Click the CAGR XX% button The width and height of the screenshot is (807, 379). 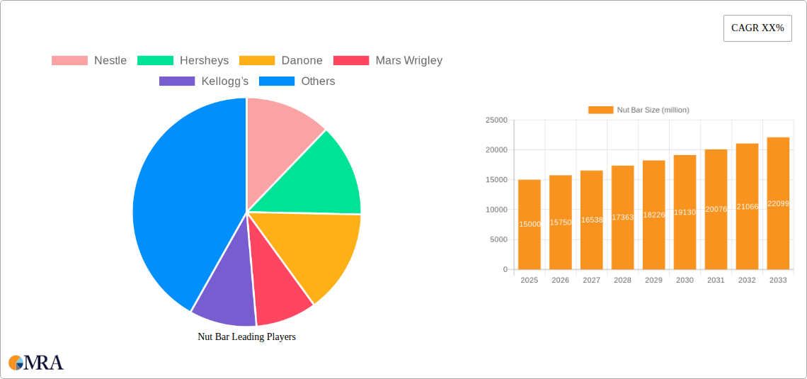tap(757, 28)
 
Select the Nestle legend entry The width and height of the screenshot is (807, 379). tap(89, 60)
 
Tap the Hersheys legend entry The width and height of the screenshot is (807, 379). tap(183, 60)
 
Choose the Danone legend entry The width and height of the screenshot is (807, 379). tap(281, 60)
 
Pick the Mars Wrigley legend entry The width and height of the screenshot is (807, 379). tap(388, 60)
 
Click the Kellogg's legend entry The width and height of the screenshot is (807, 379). tap(204, 81)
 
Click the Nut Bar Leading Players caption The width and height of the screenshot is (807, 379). tap(246, 336)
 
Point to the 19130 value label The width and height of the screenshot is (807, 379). tap(685, 212)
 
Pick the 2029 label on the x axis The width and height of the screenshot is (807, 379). tap(653, 281)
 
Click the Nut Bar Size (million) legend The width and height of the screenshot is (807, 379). tap(639, 110)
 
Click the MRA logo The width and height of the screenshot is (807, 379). tap(36, 363)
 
